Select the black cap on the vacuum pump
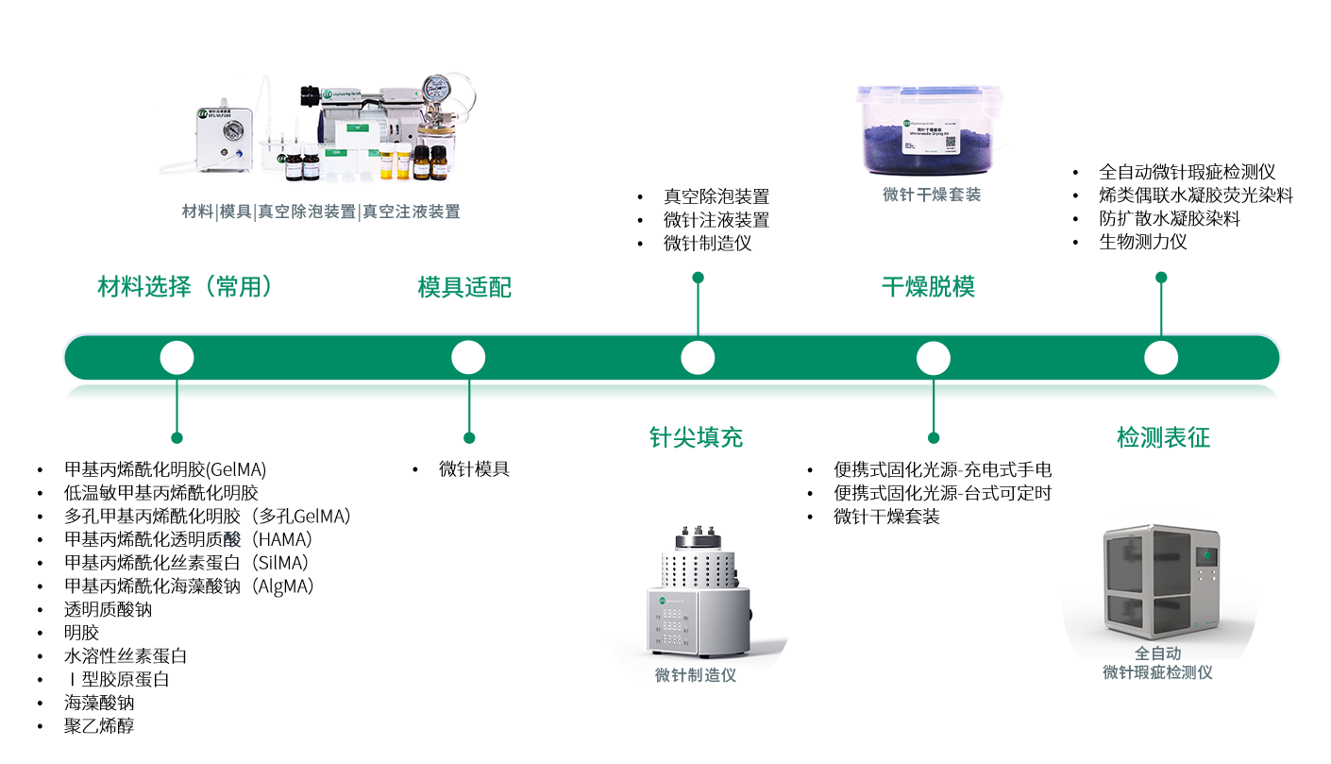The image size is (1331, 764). pos(310,95)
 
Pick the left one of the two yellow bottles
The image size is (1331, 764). pos(389,165)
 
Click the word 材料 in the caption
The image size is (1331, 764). pos(197,212)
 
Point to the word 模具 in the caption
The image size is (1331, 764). pos(235,212)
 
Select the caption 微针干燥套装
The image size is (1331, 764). pos(932,195)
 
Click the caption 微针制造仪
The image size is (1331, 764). pos(696,675)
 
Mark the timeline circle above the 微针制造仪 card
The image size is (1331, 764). pos(698,358)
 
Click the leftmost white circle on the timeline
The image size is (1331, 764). pos(177,358)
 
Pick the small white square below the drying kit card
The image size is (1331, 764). pos(932,253)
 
